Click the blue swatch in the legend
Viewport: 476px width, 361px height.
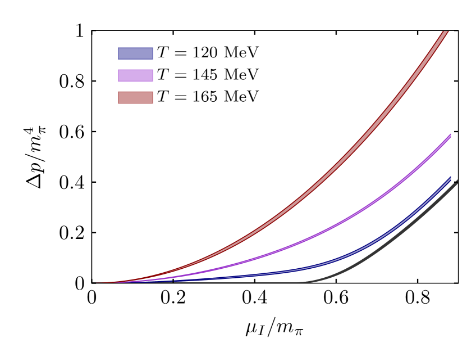[x=135, y=53]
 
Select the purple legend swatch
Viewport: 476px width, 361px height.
[x=135, y=75]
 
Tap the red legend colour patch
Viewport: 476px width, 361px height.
[x=135, y=97]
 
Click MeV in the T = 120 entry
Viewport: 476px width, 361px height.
[x=241, y=53]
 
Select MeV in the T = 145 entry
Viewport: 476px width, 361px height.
[x=241, y=75]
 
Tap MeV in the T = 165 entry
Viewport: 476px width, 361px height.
[x=241, y=97]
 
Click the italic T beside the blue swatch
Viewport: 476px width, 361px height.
[x=162, y=53]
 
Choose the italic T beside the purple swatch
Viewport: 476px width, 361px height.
[x=162, y=75]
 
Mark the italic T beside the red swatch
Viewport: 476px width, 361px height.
[x=162, y=97]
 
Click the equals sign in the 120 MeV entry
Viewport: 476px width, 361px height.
[x=180, y=53]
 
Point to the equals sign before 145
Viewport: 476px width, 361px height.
[x=180, y=75]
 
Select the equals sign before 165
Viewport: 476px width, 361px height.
[x=180, y=97]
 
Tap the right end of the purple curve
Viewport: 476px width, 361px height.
[x=450, y=136]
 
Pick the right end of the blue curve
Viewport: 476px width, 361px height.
[x=450, y=178]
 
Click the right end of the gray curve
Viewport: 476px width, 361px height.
[x=456, y=182]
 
